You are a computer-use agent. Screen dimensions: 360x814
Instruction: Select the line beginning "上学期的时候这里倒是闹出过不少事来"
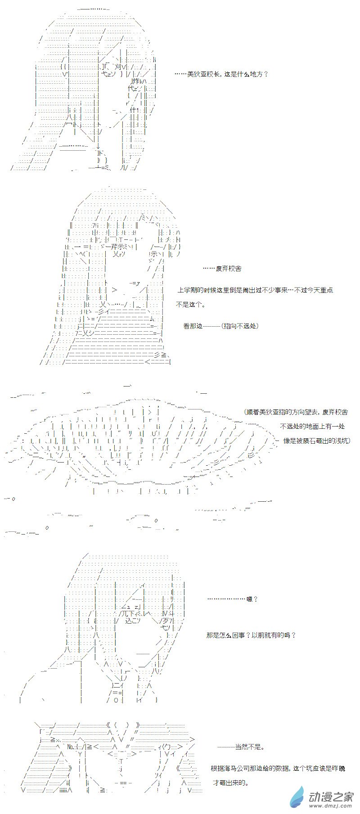coord(255,290)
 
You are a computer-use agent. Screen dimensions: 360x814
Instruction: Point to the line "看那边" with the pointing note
coord(220,326)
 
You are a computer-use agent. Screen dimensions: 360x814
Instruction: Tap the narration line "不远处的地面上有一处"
coord(312,426)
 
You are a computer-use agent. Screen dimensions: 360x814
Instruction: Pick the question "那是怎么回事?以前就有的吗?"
coord(251,635)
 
